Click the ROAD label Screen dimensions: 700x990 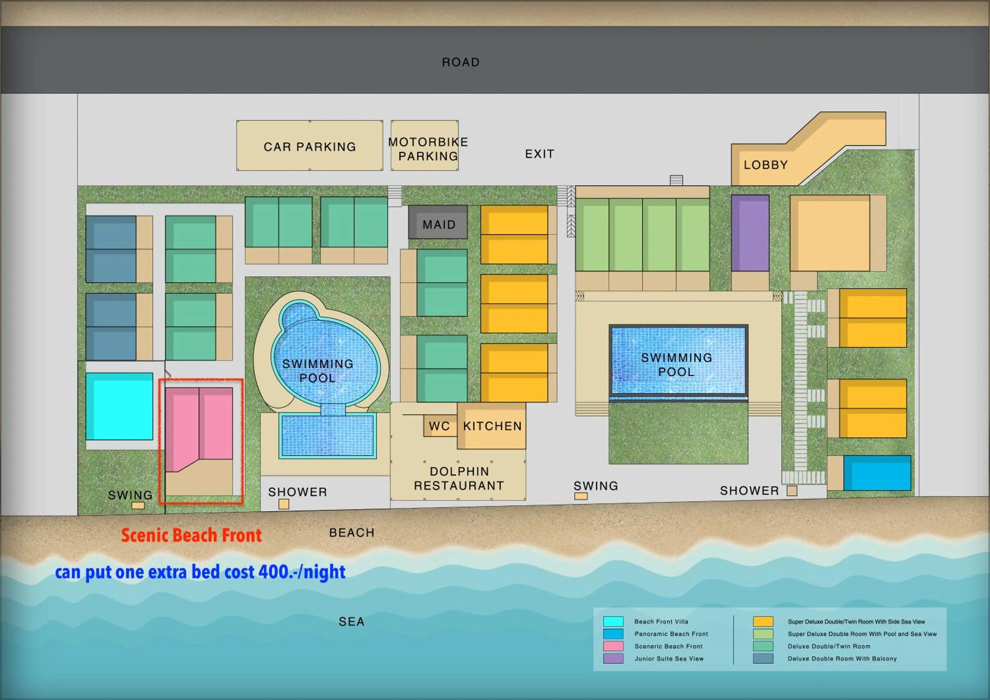coord(460,62)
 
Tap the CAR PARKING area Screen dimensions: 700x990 coord(310,146)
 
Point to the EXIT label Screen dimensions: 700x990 coord(540,154)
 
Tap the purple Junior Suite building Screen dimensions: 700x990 coord(750,233)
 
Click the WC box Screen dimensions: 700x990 coord(439,426)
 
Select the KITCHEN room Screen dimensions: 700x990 coord(492,426)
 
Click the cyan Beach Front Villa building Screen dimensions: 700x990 coord(119,406)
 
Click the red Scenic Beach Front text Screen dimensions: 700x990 coord(191,535)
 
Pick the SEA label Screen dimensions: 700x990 coord(351,621)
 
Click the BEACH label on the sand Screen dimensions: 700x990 coord(351,533)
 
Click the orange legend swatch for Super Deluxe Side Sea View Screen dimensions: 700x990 coord(763,621)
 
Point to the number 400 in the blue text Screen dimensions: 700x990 coord(273,572)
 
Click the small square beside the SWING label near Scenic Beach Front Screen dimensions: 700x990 coord(138,506)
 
